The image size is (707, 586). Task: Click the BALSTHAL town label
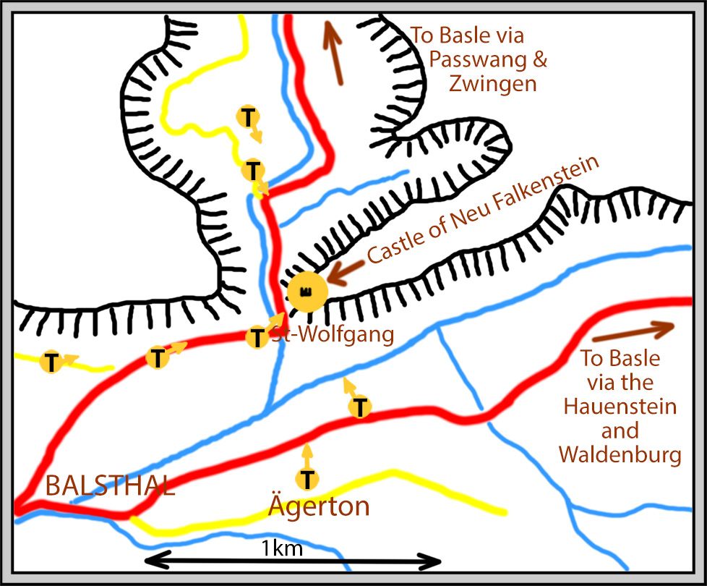point(110,485)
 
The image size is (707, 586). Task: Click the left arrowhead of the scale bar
point(153,561)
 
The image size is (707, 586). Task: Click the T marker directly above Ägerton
point(308,478)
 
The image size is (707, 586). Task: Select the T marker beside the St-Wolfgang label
point(257,337)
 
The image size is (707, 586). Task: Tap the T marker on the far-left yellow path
point(51,362)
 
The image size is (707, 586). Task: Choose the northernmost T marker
point(248,116)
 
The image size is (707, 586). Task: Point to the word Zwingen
point(493,83)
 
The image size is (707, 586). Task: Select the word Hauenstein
point(620,406)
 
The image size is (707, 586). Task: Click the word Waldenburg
point(620,455)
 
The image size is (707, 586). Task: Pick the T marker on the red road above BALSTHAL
point(157,357)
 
